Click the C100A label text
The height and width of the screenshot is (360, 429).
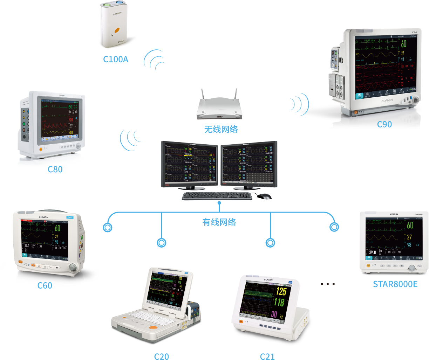pyautogui.click(x=116, y=59)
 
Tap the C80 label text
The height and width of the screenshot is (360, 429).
pyautogui.click(x=55, y=169)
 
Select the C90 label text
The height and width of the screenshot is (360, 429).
pyautogui.click(x=384, y=124)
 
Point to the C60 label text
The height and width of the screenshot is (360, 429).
pyautogui.click(x=45, y=285)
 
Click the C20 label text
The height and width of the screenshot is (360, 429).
pyautogui.click(x=161, y=356)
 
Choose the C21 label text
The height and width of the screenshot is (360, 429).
pyautogui.click(x=267, y=356)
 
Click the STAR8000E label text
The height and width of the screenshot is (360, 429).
pyautogui.click(x=395, y=284)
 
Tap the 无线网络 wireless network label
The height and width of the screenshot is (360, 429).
pyautogui.click(x=221, y=129)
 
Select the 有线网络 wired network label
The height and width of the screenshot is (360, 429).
pyautogui.click(x=219, y=222)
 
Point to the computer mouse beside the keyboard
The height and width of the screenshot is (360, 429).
pyautogui.click(x=264, y=196)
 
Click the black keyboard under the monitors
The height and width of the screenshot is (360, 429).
pyautogui.click(x=217, y=196)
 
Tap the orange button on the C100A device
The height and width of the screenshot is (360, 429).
pyautogui.click(x=117, y=30)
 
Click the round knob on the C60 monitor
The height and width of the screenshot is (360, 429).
pyautogui.click(x=73, y=268)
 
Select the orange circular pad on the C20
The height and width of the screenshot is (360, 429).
pyautogui.click(x=153, y=327)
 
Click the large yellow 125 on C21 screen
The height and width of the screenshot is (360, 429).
pyautogui.click(x=281, y=291)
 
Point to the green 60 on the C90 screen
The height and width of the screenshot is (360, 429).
pyautogui.click(x=404, y=44)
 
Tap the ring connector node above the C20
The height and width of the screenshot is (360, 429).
pyautogui.click(x=162, y=242)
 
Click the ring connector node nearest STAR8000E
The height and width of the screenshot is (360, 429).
pyautogui.click(x=334, y=227)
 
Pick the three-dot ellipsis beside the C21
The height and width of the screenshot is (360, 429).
pyautogui.click(x=328, y=284)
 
